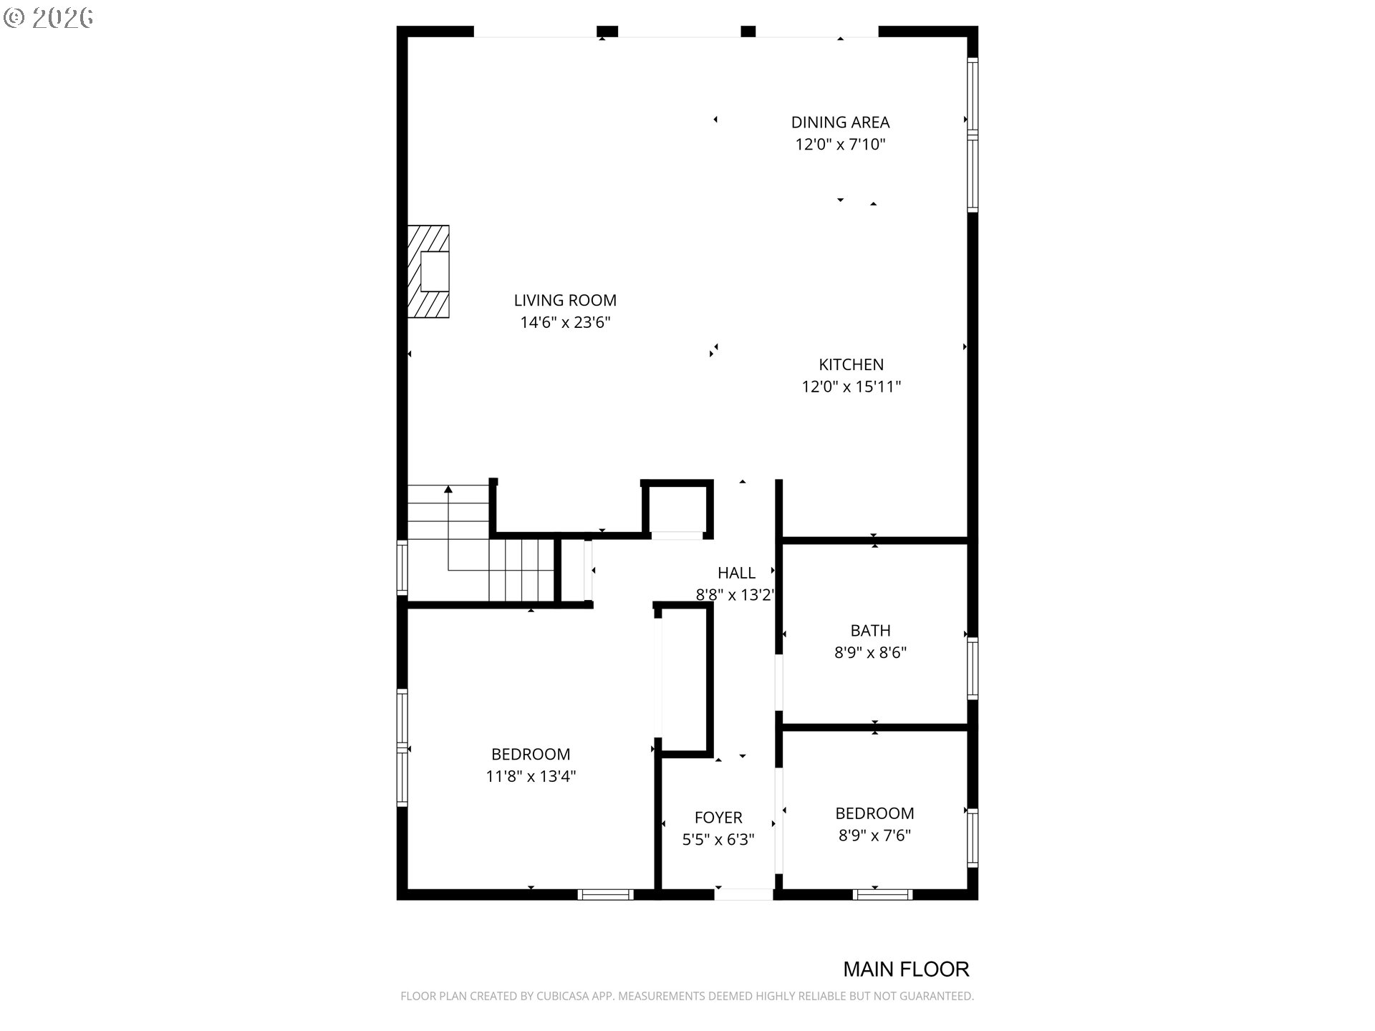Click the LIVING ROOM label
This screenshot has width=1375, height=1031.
click(x=565, y=301)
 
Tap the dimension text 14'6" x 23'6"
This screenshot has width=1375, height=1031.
click(x=565, y=322)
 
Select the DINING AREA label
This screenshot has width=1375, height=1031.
click(x=840, y=122)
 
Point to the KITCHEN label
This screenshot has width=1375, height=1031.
click(x=851, y=364)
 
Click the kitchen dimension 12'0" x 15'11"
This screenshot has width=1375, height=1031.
click(x=851, y=387)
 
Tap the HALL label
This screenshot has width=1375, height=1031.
click(x=736, y=573)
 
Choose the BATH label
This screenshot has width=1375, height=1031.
click(x=870, y=631)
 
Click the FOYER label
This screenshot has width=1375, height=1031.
click(x=718, y=818)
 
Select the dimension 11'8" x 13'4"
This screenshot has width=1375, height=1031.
click(x=531, y=776)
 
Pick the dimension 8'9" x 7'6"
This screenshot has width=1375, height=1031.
click(x=874, y=836)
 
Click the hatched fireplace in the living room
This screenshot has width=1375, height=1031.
click(x=428, y=271)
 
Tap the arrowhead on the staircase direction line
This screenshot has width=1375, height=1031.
click(x=448, y=490)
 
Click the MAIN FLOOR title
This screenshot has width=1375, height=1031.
click(x=906, y=969)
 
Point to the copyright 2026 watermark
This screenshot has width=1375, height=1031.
click(x=49, y=18)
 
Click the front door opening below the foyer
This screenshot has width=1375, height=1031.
click(x=743, y=894)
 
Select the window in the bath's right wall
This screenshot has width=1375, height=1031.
click(x=973, y=668)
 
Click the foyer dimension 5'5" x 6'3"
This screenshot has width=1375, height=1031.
click(x=718, y=840)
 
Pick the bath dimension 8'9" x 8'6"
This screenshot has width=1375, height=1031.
click(x=870, y=653)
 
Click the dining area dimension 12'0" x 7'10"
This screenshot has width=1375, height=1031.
click(x=840, y=145)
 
